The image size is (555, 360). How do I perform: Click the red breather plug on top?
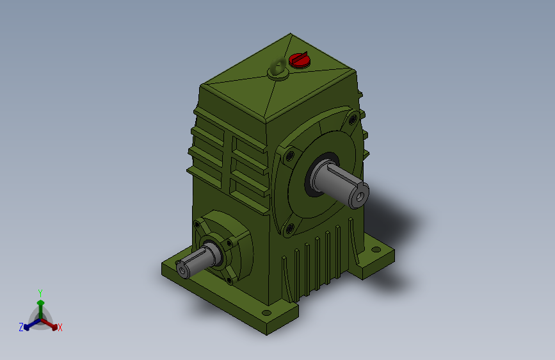pos(299,60)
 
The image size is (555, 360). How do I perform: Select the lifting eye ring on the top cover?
pos(278,67)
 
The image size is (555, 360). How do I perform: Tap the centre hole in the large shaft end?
pos(360,197)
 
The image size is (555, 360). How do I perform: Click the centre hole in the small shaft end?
pos(182,270)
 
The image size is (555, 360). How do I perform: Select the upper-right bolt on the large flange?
pos(353,120)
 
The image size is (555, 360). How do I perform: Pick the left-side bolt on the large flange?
pos(290,156)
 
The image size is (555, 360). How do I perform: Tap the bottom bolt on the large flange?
pos(289,229)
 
